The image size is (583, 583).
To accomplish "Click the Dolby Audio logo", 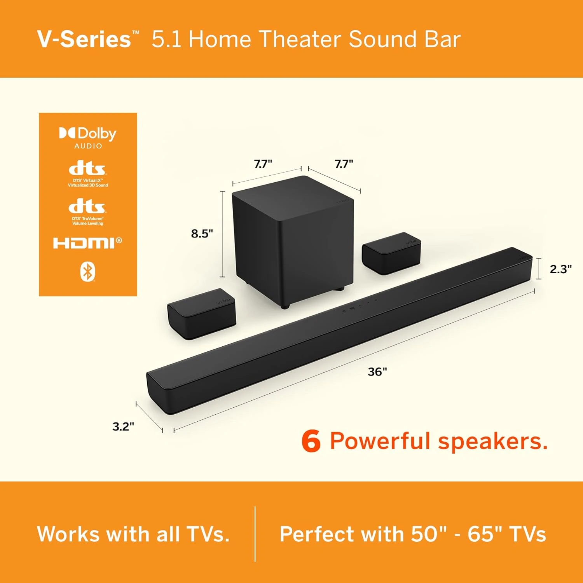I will [x=88, y=137].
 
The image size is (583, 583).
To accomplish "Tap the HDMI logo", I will [x=87, y=243].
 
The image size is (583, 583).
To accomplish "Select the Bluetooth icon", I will [x=87, y=272].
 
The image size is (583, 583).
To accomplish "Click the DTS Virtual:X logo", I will [x=87, y=174].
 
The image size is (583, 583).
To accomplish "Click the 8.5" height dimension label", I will [x=202, y=234].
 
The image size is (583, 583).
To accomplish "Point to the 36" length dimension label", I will [x=377, y=372].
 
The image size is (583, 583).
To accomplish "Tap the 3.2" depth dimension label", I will [x=123, y=426].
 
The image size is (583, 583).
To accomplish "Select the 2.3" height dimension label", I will [x=560, y=269].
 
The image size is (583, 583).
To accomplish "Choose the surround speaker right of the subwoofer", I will [x=391, y=253].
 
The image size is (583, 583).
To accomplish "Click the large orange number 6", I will [x=311, y=442].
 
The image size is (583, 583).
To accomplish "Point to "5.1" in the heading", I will [x=166, y=40].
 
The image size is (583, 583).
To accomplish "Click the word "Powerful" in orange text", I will [x=381, y=442].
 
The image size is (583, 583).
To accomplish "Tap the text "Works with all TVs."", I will [x=133, y=534].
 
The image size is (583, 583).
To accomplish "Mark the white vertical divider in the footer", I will [x=255, y=534].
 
